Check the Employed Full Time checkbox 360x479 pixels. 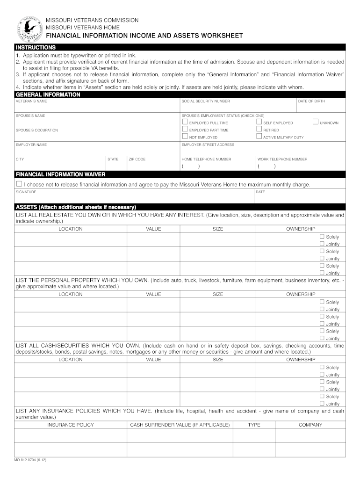(x=185, y=122)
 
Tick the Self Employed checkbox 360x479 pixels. (x=259, y=122)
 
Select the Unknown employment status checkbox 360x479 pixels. (x=315, y=122)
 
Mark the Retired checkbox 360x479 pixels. (x=259, y=129)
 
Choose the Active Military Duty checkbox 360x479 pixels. (x=259, y=137)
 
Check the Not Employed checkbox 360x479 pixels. (x=185, y=137)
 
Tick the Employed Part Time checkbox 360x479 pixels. (x=185, y=129)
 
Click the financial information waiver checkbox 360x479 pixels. (x=19, y=184)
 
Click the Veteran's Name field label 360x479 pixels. (x=31, y=101)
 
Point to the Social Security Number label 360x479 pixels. (x=206, y=101)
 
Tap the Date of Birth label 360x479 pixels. (x=311, y=101)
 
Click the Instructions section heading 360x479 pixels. (x=36, y=47)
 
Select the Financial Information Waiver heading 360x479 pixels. (x=61, y=174)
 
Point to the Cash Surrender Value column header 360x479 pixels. (x=180, y=425)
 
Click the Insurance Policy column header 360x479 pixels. (x=71, y=425)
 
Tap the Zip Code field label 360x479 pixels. (x=137, y=159)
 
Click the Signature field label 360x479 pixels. (x=26, y=192)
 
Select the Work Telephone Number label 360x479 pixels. (x=282, y=159)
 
